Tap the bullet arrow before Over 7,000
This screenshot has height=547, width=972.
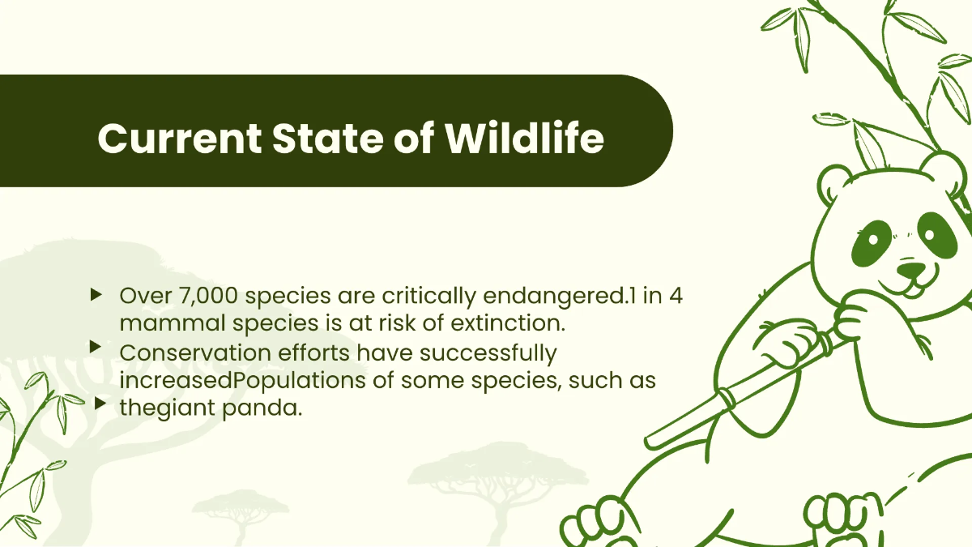(97, 293)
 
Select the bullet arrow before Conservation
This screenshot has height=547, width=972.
(97, 347)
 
